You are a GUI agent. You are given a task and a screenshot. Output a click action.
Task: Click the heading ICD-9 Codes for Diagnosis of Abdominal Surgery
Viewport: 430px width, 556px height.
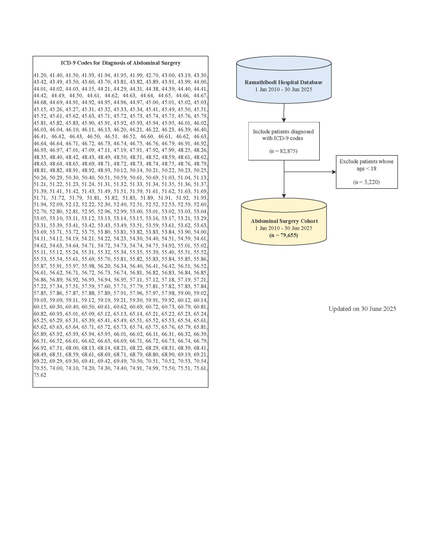121,63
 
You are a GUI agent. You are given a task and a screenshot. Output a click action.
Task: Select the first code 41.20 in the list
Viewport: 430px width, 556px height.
40,75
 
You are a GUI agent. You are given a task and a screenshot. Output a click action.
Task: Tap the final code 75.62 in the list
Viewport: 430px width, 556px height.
40,375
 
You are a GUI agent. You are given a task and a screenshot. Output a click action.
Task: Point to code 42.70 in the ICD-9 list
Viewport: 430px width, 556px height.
152,75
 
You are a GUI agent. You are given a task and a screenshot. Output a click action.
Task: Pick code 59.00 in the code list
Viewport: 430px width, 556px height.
184,293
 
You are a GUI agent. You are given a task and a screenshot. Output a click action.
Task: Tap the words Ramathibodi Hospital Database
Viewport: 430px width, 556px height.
284,82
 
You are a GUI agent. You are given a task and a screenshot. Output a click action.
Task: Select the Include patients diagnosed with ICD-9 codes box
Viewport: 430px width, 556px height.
284,141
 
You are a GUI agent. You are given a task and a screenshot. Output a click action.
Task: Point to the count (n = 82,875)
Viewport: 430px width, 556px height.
283,151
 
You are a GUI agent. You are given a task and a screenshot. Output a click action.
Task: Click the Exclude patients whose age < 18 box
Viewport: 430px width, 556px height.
367,172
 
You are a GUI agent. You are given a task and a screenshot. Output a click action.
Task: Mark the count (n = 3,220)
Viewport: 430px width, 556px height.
367,182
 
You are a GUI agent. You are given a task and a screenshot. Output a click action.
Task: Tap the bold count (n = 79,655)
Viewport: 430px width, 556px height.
284,235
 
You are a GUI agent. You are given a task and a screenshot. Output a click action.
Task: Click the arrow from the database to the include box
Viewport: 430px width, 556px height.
284,113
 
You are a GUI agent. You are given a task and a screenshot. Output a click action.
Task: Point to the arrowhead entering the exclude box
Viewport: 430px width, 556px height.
334,172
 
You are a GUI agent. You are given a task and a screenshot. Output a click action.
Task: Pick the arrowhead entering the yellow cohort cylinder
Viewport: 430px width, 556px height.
284,196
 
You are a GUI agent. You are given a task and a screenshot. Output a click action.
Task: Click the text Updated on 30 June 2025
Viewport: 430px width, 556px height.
362,309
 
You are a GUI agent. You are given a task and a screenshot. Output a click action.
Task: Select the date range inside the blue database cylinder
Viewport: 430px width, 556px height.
284,90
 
